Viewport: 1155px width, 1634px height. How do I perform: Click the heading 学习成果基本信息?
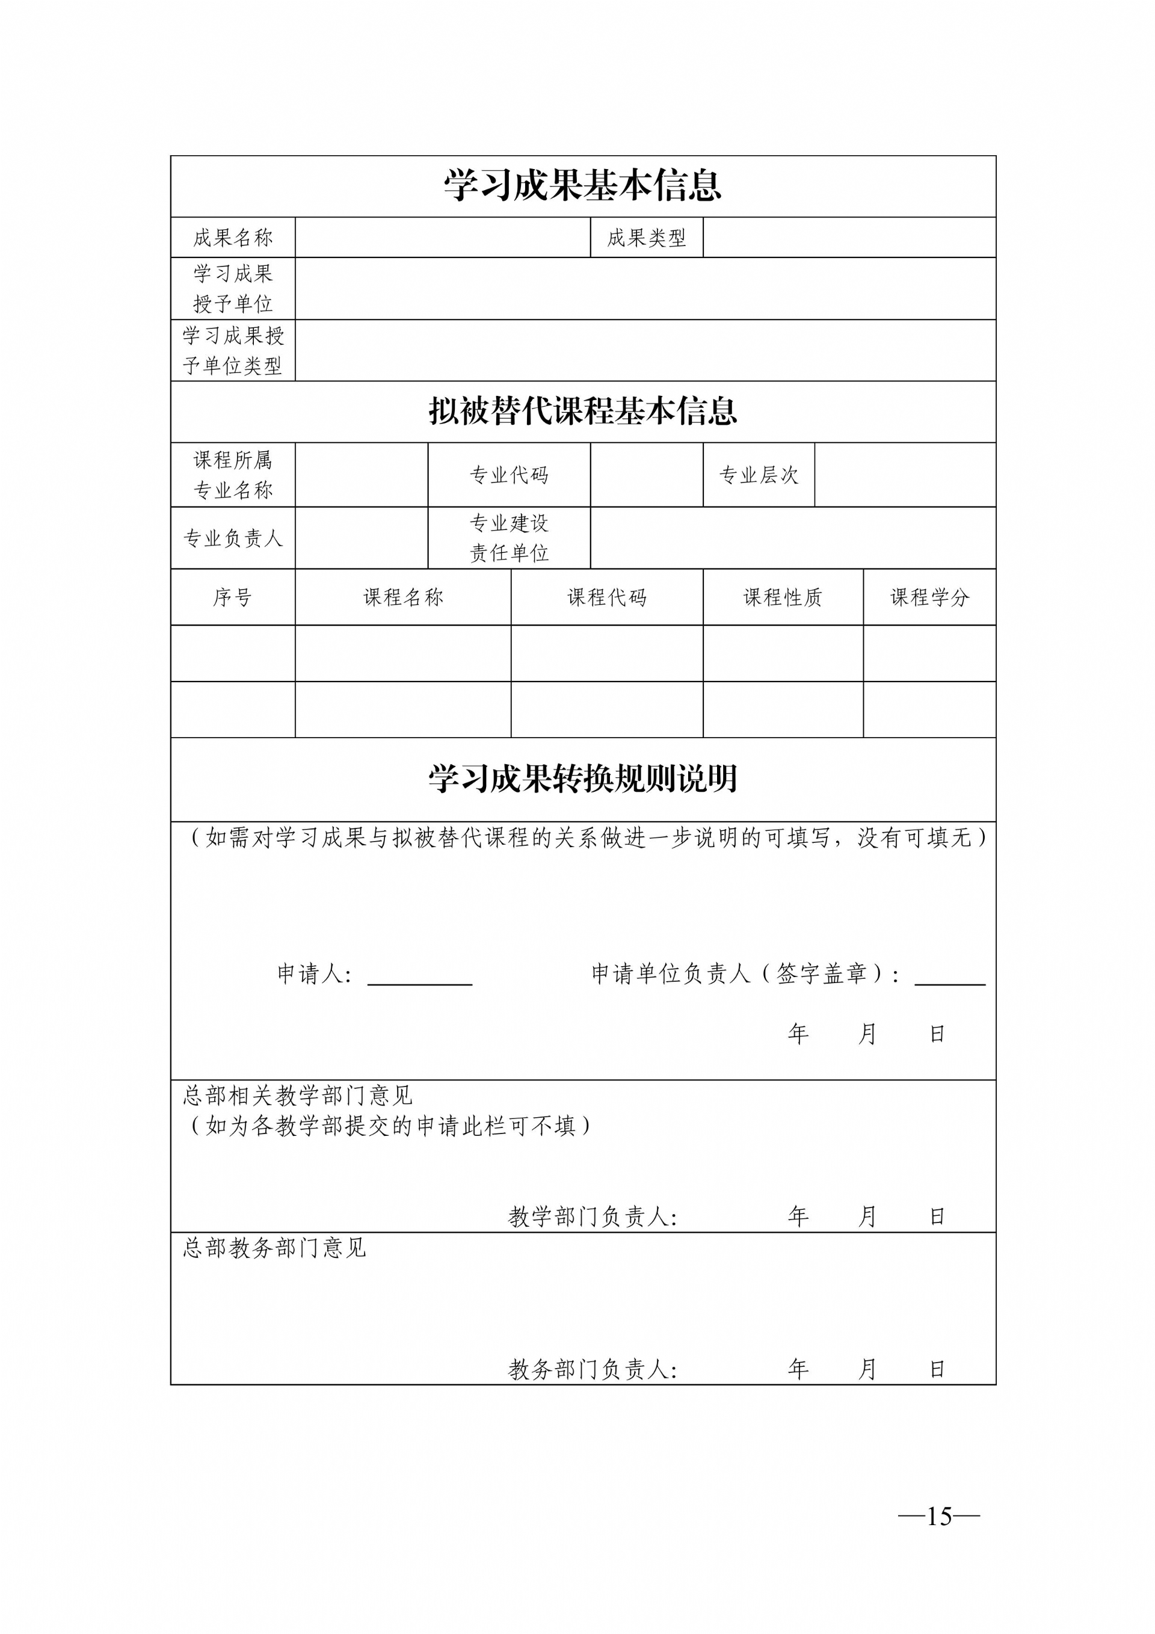coord(582,186)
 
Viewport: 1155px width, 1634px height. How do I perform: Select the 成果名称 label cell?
coord(233,238)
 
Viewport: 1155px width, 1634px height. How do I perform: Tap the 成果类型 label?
coord(646,238)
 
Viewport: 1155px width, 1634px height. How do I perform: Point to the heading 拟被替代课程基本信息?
coord(582,412)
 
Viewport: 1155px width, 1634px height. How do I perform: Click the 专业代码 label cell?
coord(509,475)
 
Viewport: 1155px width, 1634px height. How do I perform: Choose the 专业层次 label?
coord(759,475)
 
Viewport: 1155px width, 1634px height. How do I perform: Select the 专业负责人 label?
coord(233,538)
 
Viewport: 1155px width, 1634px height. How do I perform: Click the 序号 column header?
coord(233,597)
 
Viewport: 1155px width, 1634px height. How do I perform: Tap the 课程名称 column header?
coord(403,597)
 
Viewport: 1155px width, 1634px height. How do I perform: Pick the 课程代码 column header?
coord(606,597)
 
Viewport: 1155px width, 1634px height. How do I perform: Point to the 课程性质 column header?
coord(783,597)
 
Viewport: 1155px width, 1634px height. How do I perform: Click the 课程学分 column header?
coord(929,597)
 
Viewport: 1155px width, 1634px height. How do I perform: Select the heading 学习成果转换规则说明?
coord(582,779)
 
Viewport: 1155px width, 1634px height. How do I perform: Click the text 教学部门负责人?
coord(592,1217)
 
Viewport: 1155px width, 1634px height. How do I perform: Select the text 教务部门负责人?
coord(592,1369)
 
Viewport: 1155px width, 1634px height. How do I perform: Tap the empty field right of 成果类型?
coord(849,238)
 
